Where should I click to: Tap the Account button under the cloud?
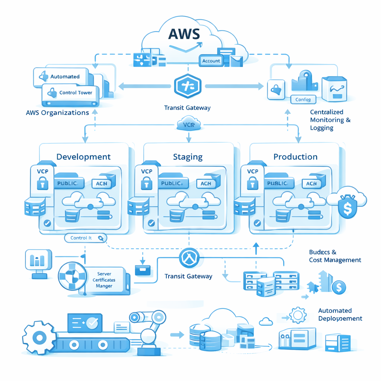pos(211,61)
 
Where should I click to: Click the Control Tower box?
pos(71,93)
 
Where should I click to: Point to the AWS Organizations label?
pos(57,113)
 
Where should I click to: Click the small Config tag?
pos(303,99)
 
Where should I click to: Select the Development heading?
pos(83,157)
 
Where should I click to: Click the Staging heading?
pos(188,157)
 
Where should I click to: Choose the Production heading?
pos(295,157)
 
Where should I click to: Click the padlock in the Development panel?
pos(42,183)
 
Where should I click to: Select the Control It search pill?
pos(85,238)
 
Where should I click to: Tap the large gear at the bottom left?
pos(39,338)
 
